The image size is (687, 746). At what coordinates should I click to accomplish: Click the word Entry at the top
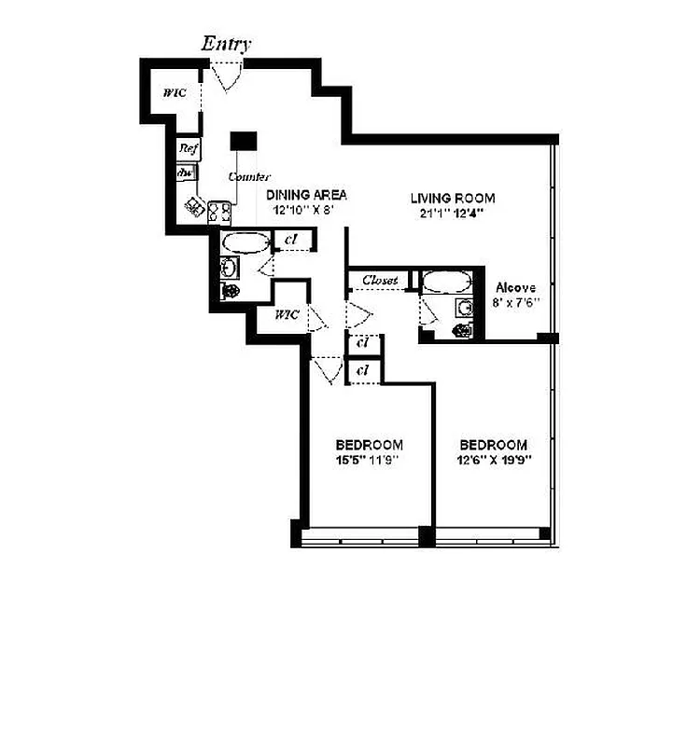[x=227, y=44]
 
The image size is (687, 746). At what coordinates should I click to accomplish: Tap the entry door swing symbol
[x=227, y=76]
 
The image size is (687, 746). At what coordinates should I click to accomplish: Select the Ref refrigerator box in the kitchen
[x=189, y=148]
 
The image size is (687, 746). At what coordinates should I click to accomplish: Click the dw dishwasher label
[x=186, y=173]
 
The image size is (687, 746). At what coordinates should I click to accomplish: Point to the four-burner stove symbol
[x=220, y=213]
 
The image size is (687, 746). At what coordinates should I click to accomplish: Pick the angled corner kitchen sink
[x=196, y=207]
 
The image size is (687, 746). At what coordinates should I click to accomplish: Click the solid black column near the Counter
[x=244, y=140]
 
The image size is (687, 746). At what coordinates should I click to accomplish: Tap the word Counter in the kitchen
[x=249, y=176]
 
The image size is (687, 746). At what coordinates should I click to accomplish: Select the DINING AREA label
[x=306, y=195]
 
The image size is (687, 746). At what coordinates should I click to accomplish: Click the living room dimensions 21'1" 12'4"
[x=452, y=213]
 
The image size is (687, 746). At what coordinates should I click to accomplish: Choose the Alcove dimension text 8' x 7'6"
[x=517, y=303]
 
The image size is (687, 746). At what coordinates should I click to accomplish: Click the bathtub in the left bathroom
[x=245, y=243]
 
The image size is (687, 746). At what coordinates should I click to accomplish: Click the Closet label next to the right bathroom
[x=380, y=280]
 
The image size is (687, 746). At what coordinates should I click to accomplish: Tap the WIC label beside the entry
[x=173, y=93]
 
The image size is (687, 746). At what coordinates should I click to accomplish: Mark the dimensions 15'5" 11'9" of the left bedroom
[x=370, y=460]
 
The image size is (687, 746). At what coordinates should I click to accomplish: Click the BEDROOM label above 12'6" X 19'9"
[x=493, y=445]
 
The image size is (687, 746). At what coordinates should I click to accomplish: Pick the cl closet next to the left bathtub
[x=290, y=241]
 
